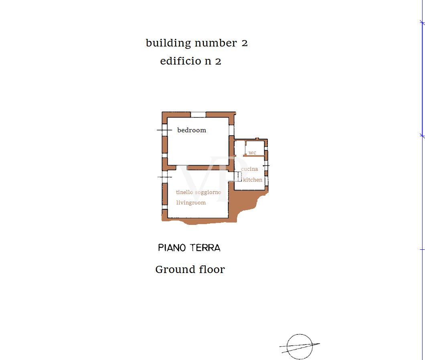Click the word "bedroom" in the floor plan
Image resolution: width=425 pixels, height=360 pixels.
[x=192, y=130]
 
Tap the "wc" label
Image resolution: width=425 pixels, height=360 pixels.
[x=252, y=153]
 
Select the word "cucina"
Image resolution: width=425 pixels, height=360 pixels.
[x=249, y=169]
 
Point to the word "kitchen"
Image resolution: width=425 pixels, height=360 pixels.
[x=252, y=180]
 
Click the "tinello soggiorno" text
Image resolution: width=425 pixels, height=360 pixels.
[x=199, y=192]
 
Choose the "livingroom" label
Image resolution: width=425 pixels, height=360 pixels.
[x=191, y=202]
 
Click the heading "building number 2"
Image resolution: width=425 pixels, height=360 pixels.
[x=197, y=43]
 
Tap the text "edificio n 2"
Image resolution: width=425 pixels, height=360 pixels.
[x=191, y=61]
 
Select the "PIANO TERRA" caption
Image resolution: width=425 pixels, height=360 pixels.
[x=189, y=247]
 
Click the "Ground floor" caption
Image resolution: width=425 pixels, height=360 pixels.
[x=190, y=269]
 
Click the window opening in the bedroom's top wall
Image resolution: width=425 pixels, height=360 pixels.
[x=198, y=115]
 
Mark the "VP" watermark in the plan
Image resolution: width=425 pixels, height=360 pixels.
[x=214, y=178]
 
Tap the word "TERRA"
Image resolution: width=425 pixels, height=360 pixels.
[x=205, y=247]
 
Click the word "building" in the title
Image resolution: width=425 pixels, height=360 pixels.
[x=168, y=43]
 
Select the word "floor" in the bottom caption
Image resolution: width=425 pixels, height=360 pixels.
[x=212, y=269]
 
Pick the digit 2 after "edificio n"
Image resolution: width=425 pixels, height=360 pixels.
[x=218, y=61]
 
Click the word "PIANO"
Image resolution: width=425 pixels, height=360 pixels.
[x=172, y=247]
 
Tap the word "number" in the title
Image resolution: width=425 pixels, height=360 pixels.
[x=216, y=43]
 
